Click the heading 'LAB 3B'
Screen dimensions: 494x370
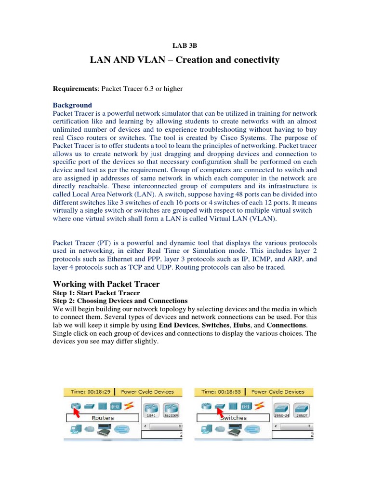coord(185,46)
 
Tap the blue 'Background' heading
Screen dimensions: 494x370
coord(72,105)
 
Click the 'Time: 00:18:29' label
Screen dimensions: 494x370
coord(91,392)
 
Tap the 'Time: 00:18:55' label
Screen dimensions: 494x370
coord(221,392)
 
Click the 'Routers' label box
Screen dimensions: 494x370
coord(103,418)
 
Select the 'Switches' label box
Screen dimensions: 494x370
coord(233,418)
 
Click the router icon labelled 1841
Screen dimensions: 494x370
coord(152,408)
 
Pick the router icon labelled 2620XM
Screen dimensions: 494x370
coord(171,408)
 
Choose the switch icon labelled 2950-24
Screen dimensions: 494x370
coord(282,408)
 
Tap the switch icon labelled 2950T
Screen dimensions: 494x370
coord(302,408)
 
